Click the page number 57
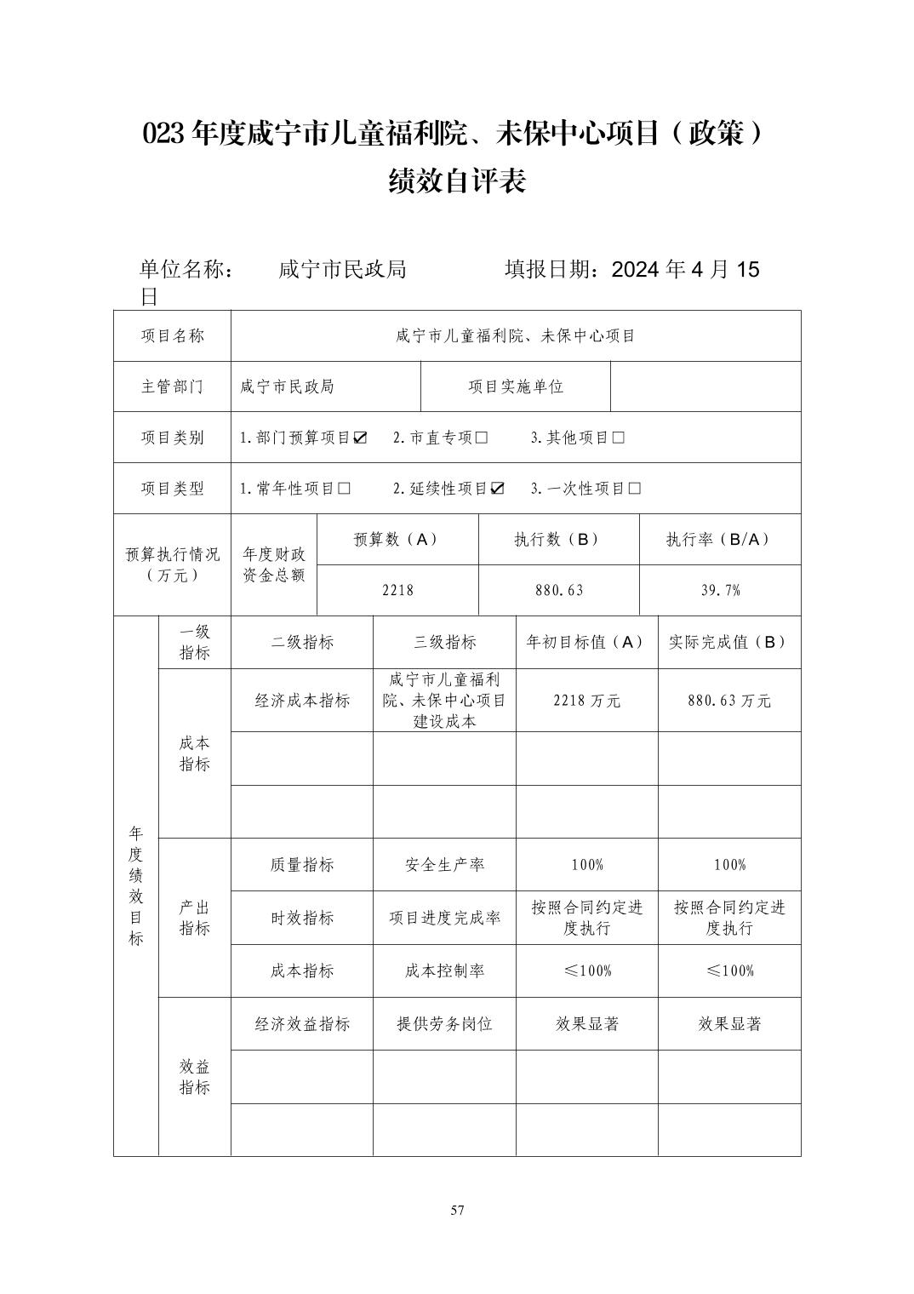coord(458,1211)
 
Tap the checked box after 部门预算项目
coord(360,438)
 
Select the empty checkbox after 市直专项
coord(482,438)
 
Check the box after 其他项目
coord(618,438)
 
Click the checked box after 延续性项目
coord(497,489)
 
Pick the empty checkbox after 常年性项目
coord(344,489)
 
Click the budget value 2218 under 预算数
coord(397,590)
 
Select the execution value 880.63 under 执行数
coord(559,590)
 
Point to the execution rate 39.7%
coord(720,590)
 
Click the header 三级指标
coord(444,642)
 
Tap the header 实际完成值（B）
coord(729,642)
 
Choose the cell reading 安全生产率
coord(444,865)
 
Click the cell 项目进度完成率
coord(444,918)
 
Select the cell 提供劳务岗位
coord(444,1024)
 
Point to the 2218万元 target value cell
coord(586,701)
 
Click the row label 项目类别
coord(173,438)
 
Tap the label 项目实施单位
coord(516,386)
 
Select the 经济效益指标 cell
coord(302,1024)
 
